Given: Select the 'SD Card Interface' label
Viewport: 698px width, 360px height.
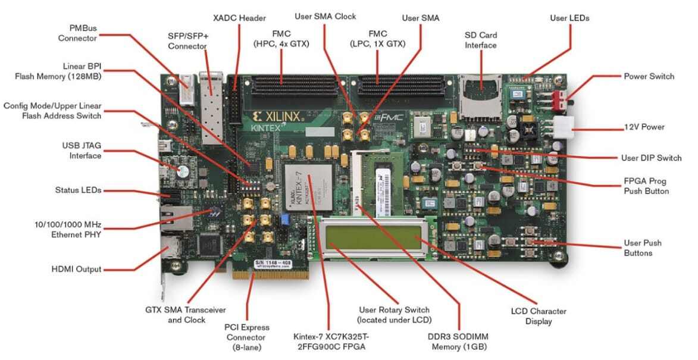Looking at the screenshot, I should click(x=480, y=39).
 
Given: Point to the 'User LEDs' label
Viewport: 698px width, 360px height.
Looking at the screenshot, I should click(x=569, y=18).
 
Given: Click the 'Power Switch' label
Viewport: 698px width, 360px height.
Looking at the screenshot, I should click(x=649, y=76).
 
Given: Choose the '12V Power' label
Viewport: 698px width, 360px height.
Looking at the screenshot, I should click(x=644, y=127).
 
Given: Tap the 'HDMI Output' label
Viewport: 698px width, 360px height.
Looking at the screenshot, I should click(x=76, y=269).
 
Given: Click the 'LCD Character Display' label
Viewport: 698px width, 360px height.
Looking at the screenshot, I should click(x=539, y=316).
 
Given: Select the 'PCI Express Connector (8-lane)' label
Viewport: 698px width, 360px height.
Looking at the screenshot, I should click(x=247, y=337).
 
